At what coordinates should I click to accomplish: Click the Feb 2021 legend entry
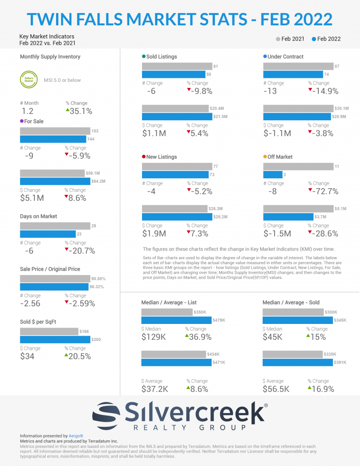tap(290, 39)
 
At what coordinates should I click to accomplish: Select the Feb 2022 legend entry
tap(326, 39)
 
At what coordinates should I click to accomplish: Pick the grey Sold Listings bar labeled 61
tap(177, 67)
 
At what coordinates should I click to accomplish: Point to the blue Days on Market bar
tap(47, 234)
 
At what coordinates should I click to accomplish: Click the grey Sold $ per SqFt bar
tap(49, 332)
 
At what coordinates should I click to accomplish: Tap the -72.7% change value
tap(323, 191)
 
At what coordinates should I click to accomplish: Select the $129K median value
tap(154, 337)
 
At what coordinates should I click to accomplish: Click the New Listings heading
tap(161, 157)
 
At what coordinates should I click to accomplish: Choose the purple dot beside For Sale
tap(22, 121)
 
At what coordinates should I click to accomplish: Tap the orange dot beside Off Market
tap(265, 157)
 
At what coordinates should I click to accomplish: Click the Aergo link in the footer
tap(76, 436)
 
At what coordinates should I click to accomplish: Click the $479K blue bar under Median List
tap(176, 320)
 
